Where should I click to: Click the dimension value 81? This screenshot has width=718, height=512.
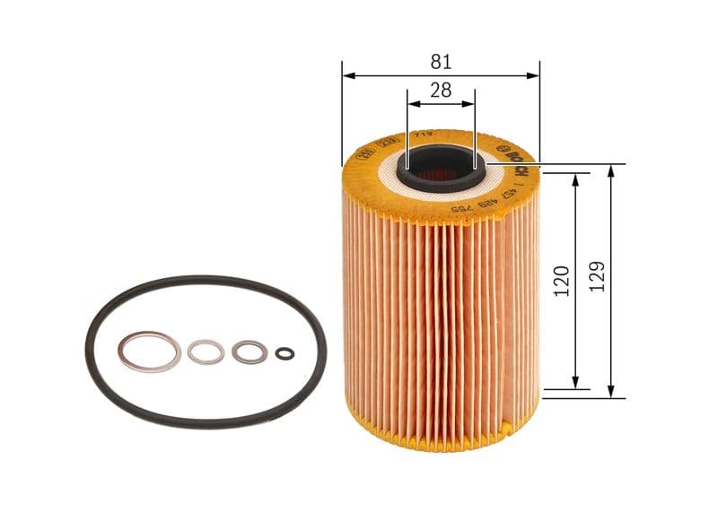(x=440, y=62)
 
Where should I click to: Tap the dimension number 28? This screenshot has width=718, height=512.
(x=440, y=90)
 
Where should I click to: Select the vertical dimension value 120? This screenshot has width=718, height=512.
(x=562, y=281)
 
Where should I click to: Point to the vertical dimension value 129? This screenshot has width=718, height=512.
(x=599, y=276)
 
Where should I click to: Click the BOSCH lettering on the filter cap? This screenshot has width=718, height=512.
(x=512, y=159)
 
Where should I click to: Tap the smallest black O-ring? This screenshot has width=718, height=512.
(x=285, y=352)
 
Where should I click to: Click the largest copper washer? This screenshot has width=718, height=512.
(x=150, y=351)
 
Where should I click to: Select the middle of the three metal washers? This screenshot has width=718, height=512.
(x=206, y=351)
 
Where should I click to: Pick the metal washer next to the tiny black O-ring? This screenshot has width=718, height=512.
(x=249, y=351)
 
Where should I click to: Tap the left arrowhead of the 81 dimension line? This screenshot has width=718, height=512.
(x=346, y=76)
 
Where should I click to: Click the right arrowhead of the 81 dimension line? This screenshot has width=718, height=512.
(x=535, y=76)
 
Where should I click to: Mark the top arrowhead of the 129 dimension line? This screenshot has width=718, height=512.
(x=610, y=170)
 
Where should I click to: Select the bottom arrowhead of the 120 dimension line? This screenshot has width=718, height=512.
(x=574, y=385)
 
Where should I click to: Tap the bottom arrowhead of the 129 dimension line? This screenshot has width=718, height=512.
(x=610, y=392)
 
